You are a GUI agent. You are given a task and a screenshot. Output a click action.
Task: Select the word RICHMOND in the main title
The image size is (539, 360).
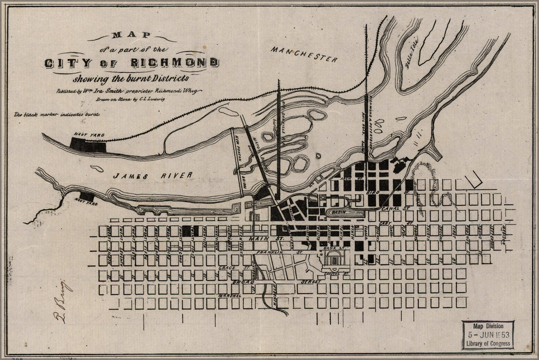[x=179, y=63]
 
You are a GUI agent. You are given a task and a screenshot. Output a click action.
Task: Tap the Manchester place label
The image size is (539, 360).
[x=305, y=54]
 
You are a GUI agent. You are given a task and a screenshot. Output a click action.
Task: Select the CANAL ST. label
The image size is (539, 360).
[x=395, y=209]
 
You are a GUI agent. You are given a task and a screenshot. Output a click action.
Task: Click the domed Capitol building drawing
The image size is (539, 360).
[x=336, y=261]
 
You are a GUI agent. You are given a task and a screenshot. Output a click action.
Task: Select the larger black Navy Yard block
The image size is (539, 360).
[x=88, y=145]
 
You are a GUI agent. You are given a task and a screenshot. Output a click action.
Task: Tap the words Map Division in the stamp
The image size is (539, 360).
[x=488, y=325]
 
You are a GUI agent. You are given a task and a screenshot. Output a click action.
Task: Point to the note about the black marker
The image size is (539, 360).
[x=52, y=116]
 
